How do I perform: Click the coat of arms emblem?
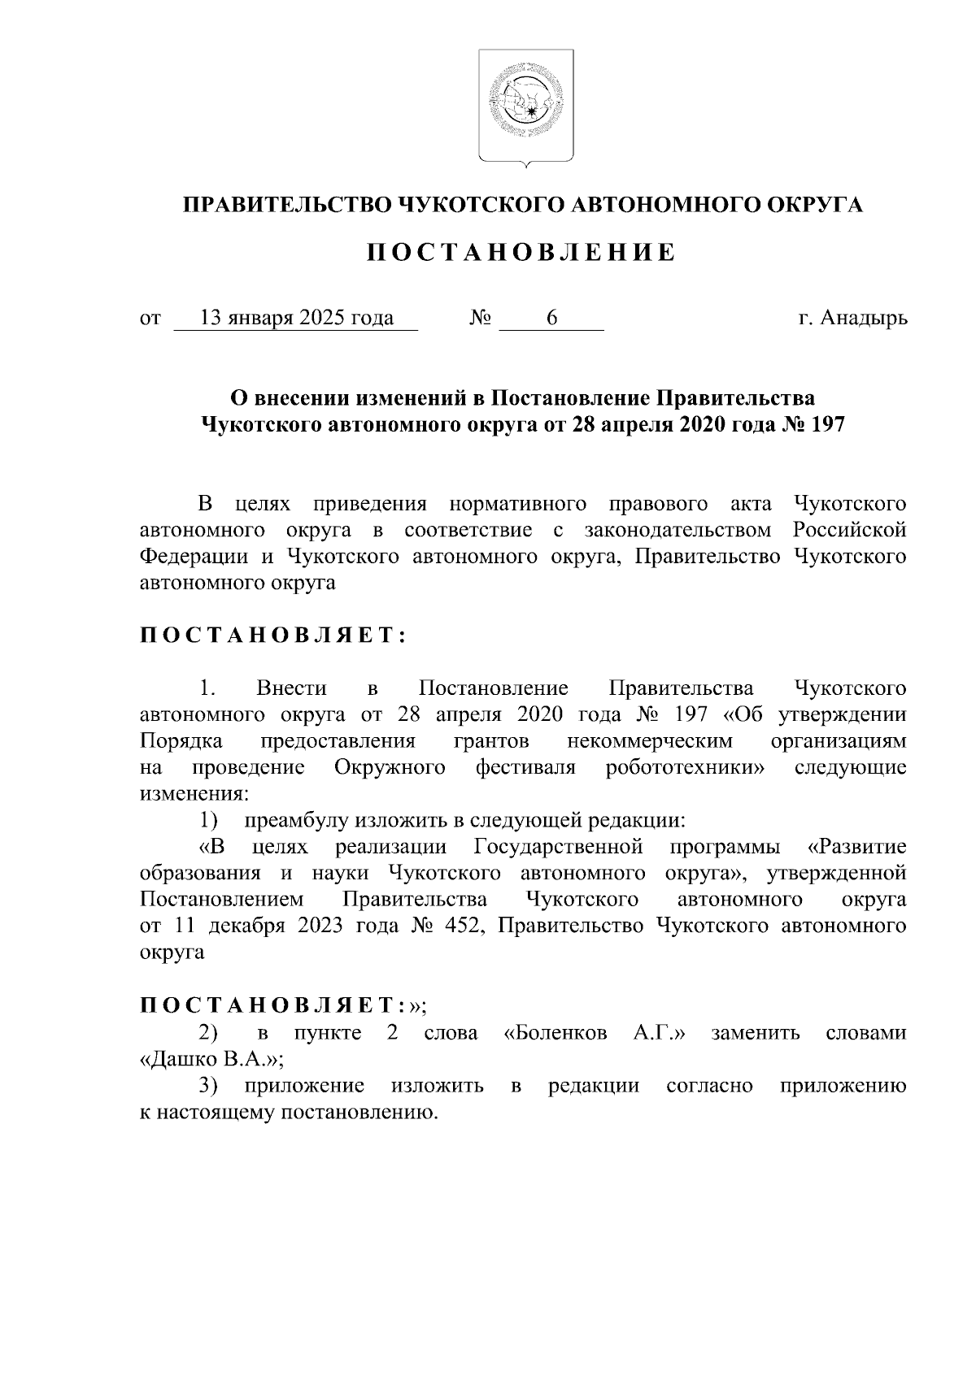[525, 105]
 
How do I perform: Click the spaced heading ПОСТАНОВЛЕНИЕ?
[521, 253]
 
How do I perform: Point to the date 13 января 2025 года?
[296, 318]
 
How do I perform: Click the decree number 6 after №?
[551, 318]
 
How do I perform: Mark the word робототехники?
[683, 768]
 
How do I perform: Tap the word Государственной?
[558, 848]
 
